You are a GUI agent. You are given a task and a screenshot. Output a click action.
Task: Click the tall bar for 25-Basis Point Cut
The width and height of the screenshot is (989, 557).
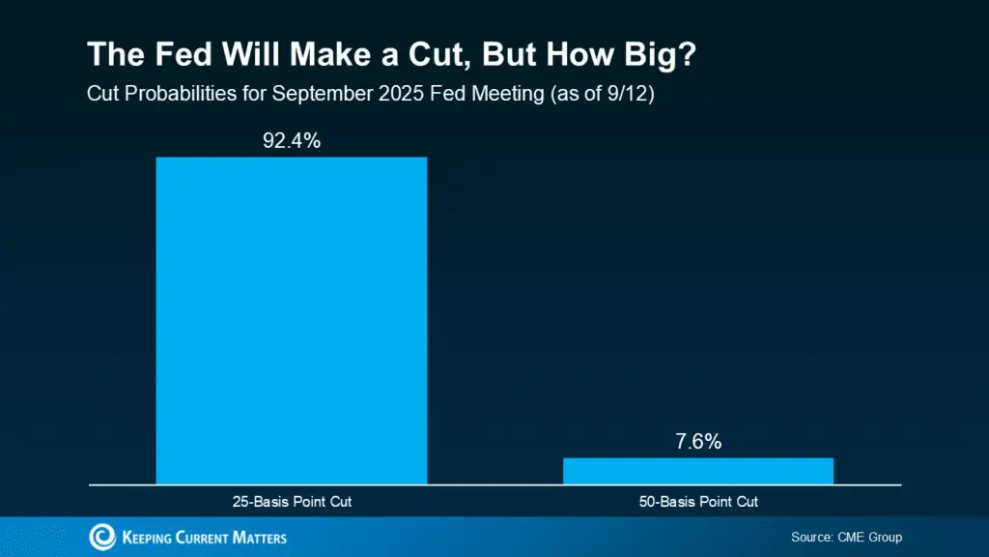(x=291, y=319)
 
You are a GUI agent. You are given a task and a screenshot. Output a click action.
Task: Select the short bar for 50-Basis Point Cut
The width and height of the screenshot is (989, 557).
(x=697, y=471)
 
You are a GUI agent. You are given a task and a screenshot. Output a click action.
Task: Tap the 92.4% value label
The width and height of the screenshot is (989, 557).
(x=291, y=141)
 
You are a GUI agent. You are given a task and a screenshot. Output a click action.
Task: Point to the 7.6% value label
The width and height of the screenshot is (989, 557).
(x=697, y=442)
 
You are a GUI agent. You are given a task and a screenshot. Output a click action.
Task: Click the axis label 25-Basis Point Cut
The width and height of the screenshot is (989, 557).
(x=291, y=502)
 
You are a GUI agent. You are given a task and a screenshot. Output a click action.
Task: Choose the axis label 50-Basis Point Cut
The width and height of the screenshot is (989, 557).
(x=697, y=502)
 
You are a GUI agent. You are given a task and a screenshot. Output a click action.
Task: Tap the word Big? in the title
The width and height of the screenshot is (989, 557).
(x=660, y=54)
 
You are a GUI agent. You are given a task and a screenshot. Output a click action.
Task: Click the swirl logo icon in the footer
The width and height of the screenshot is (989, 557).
(x=101, y=537)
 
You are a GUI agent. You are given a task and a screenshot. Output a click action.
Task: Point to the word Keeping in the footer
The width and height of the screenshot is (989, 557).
(x=149, y=538)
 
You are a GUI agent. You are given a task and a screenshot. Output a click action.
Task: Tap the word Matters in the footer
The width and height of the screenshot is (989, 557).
(x=258, y=538)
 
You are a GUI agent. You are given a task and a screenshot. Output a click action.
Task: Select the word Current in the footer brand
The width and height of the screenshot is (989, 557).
(x=204, y=538)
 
